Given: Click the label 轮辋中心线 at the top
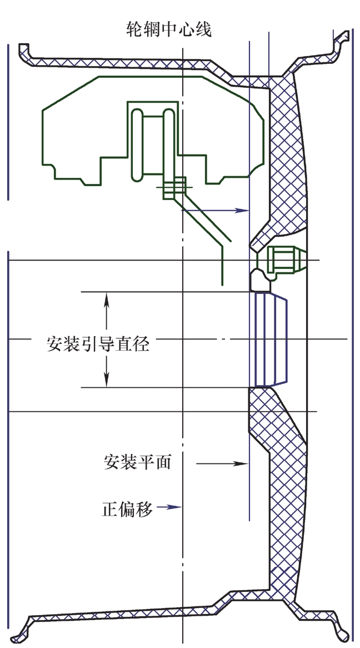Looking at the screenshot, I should (169, 28).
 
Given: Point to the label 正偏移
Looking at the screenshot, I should (127, 508).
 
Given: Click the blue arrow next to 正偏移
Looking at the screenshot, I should (169, 507).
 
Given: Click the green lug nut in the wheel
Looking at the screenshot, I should (283, 260).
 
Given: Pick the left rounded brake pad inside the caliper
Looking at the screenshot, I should (137, 143).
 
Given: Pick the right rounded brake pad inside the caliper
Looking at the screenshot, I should (169, 143).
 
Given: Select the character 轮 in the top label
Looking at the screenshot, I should (136, 28).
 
